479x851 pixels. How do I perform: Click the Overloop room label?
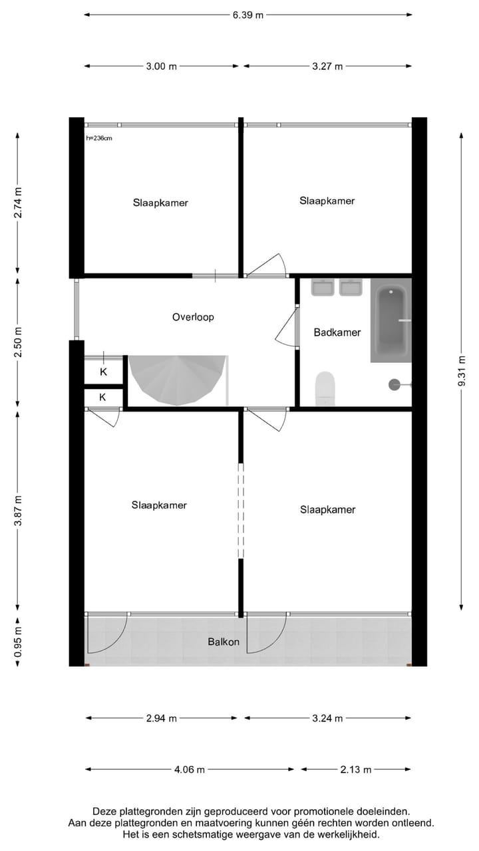tap(193, 317)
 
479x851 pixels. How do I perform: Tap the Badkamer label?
tap(337, 332)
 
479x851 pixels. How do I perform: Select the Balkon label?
tap(224, 642)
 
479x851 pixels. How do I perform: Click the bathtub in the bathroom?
tap(391, 320)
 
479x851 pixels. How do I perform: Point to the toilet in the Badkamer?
tap(325, 387)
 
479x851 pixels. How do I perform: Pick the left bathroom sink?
tap(323, 287)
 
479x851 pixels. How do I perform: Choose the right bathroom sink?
tap(351, 287)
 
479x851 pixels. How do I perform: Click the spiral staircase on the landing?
tap(177, 380)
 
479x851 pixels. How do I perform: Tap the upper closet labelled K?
tap(103, 372)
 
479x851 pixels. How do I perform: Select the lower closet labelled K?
tap(103, 398)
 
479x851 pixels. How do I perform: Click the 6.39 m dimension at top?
tap(248, 15)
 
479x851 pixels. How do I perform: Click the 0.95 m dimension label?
tap(18, 642)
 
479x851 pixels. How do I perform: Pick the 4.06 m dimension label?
tap(190, 769)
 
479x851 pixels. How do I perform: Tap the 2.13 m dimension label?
tap(356, 769)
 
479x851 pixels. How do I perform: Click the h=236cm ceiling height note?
tap(99, 138)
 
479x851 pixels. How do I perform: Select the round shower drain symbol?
tap(395, 384)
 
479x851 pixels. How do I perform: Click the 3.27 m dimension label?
tap(327, 66)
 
